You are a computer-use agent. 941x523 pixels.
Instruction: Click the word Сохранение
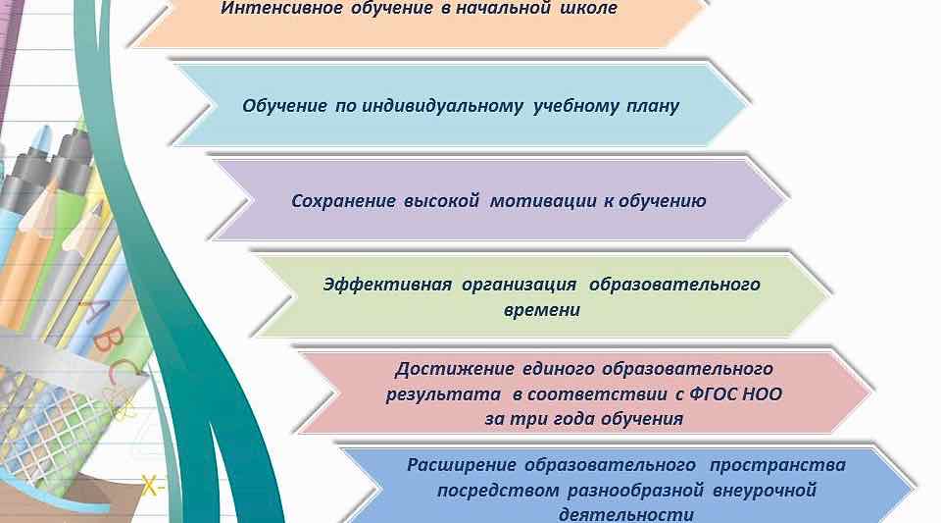343,201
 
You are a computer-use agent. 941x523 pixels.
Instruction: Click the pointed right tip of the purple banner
784,201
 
